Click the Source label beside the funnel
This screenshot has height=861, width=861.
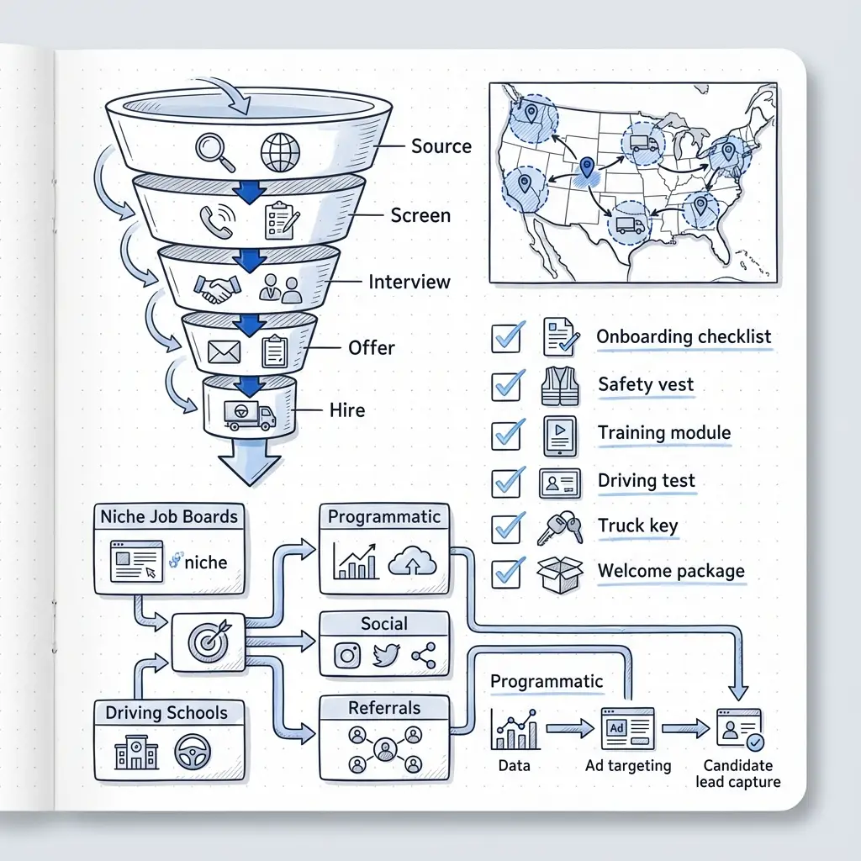(441, 146)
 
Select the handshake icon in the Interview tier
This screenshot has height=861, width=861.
(215, 288)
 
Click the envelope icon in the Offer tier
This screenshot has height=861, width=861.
(224, 351)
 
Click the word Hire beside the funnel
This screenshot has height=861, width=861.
(347, 410)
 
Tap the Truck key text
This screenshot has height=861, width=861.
(637, 526)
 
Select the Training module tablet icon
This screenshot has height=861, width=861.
(559, 434)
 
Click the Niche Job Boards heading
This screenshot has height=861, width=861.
(169, 517)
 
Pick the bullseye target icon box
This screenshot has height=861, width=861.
(207, 641)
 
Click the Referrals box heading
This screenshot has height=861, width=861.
(384, 708)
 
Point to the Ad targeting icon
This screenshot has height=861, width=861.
(627, 727)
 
